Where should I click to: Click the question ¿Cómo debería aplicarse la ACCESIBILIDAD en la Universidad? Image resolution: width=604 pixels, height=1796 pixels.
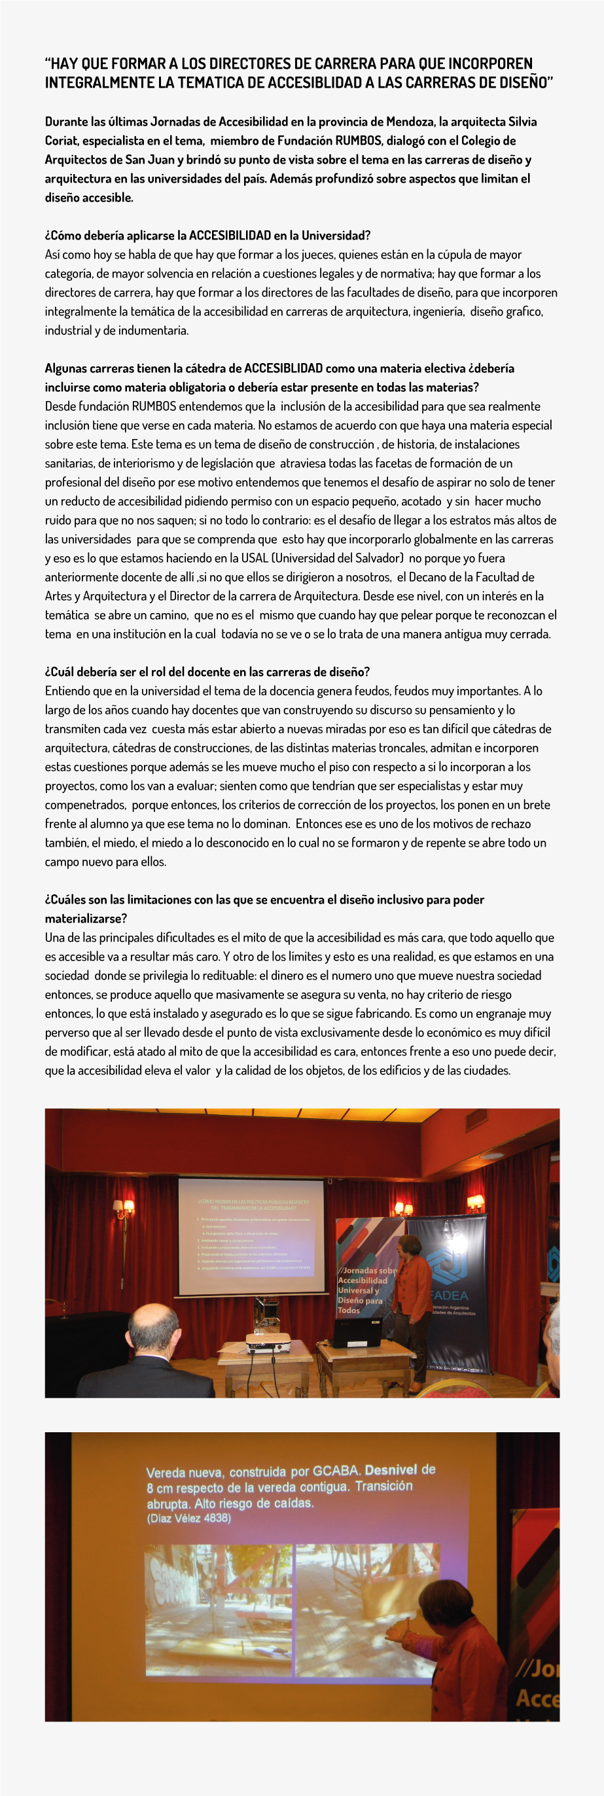click(207, 236)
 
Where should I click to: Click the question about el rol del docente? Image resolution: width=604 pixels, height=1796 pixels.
click(207, 672)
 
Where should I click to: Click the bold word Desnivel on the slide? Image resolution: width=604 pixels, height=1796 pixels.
click(391, 1470)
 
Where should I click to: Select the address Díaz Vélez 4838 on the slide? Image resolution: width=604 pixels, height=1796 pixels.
click(188, 1519)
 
